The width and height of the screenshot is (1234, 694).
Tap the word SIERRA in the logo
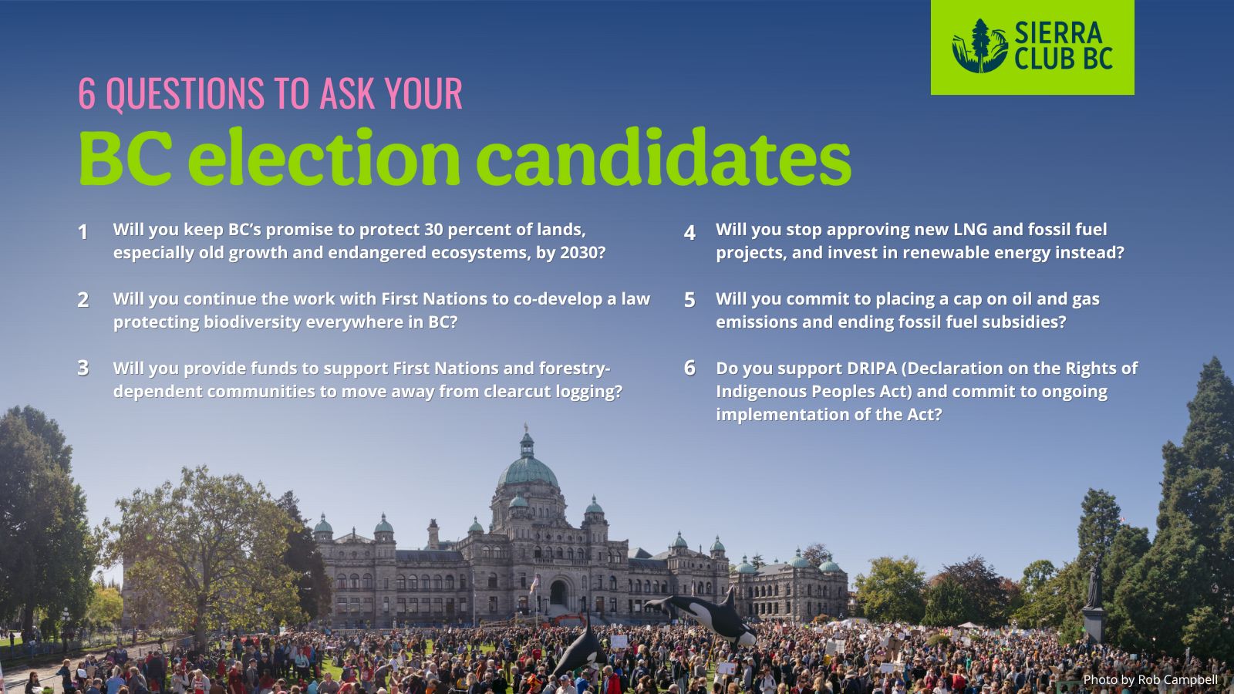point(1058,32)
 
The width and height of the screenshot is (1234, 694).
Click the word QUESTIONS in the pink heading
point(185,93)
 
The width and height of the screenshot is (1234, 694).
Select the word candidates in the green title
point(664,157)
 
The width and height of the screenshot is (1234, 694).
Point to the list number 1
point(83,232)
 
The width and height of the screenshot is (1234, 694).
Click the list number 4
point(689,232)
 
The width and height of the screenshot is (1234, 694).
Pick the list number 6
point(689,368)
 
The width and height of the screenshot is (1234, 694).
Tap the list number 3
point(83,368)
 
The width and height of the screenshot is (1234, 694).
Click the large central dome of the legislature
point(528,468)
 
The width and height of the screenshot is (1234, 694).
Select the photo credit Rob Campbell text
point(1177,680)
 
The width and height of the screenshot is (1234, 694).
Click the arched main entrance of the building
point(558,593)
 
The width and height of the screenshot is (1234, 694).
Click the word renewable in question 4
point(966,253)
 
